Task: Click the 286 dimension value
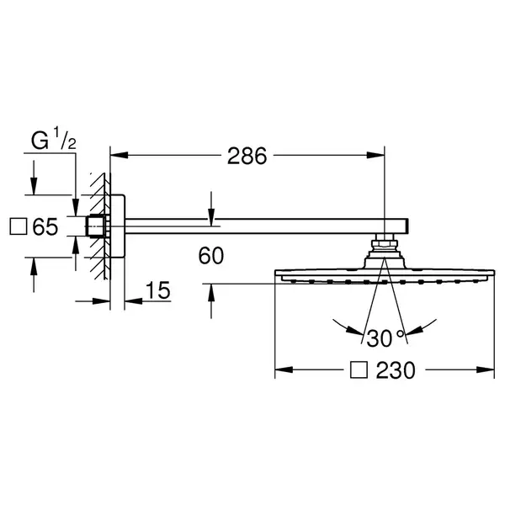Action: (247, 156)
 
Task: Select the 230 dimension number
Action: (396, 370)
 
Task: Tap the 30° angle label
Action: (385, 338)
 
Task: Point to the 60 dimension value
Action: (211, 256)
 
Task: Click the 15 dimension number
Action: (158, 290)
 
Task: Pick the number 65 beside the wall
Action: (45, 226)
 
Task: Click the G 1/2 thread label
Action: (54, 139)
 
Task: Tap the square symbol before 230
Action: (359, 369)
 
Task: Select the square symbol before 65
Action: (19, 226)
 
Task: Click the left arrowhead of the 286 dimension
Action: (120, 155)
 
